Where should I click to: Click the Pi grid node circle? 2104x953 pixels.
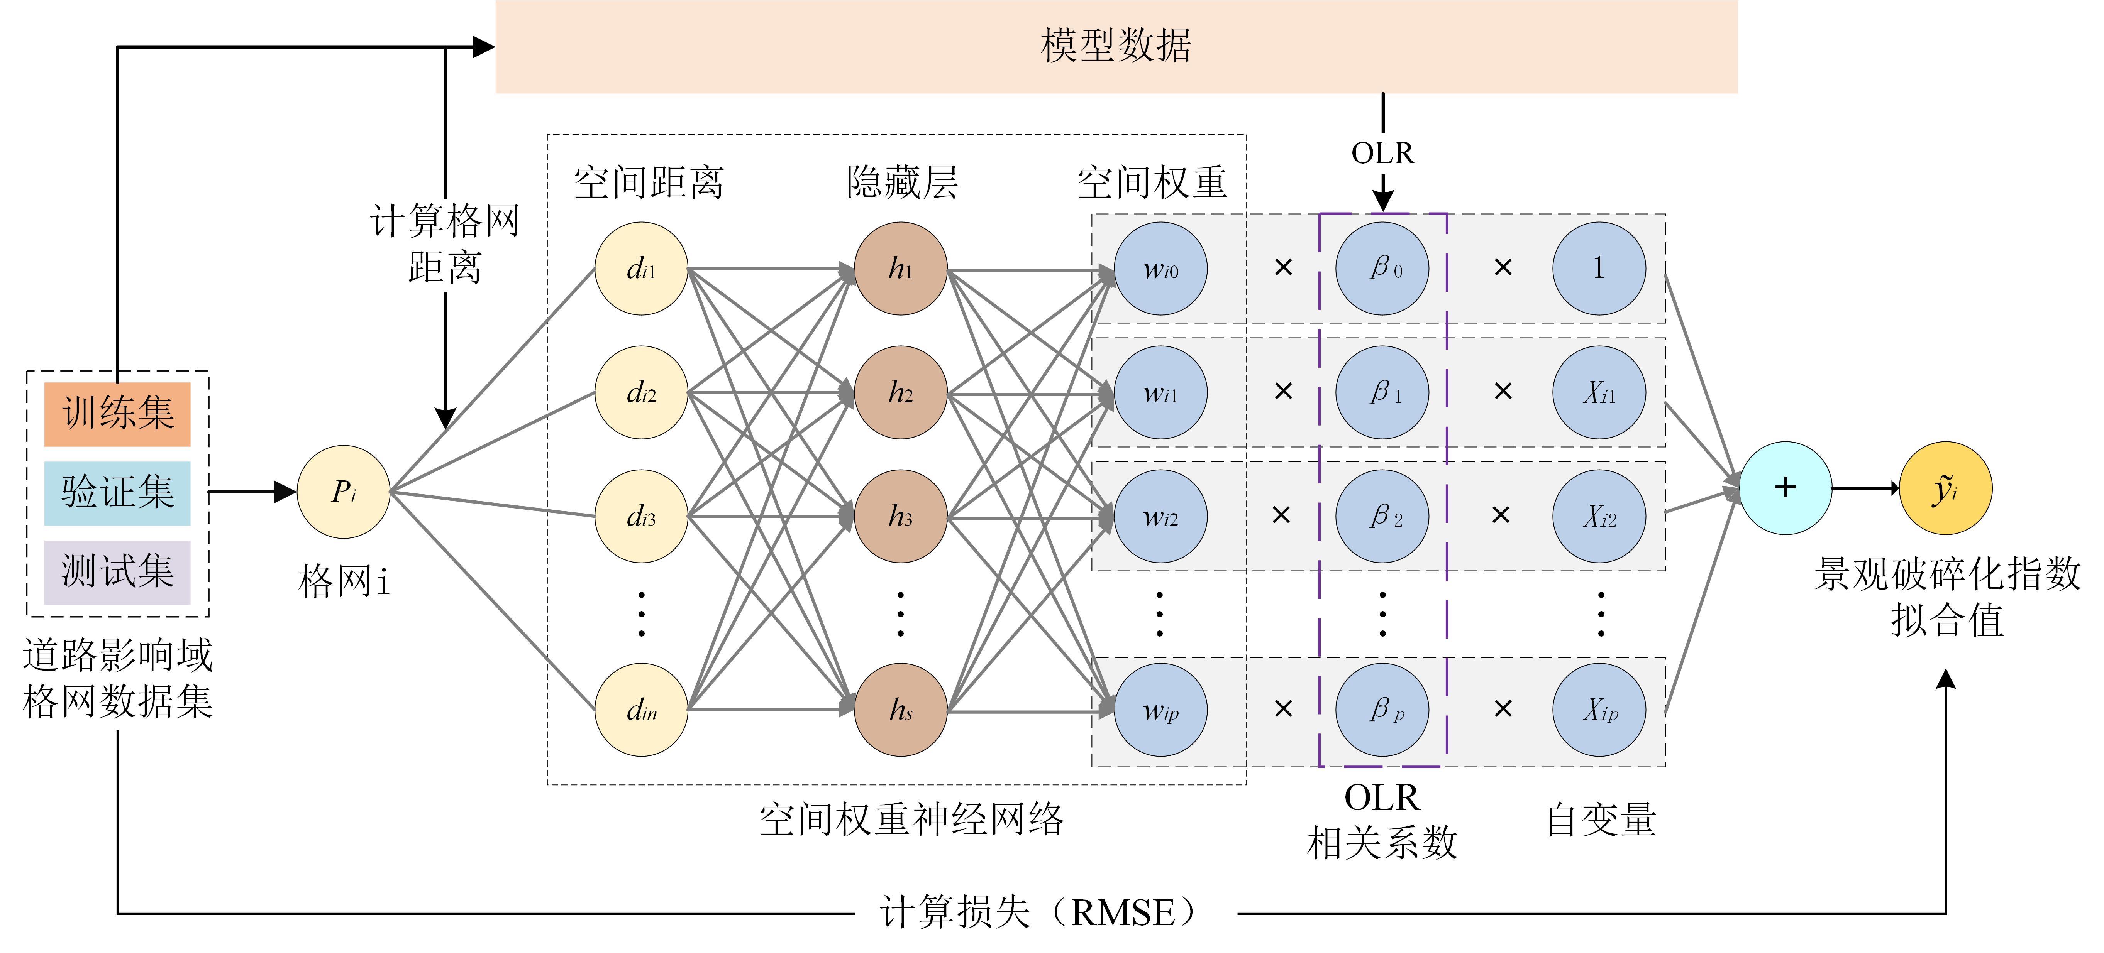343,492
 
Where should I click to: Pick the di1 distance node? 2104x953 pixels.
641,269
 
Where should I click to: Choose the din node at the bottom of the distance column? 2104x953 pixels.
641,710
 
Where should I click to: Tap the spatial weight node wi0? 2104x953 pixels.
1160,269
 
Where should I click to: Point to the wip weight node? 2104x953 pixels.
1160,710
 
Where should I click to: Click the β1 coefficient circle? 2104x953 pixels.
1382,393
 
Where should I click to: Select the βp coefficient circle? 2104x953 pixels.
1382,710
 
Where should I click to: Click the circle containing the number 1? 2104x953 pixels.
1598,269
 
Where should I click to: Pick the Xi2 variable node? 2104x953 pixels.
1598,516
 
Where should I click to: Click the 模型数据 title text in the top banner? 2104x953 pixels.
1116,46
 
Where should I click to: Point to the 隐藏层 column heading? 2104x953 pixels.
902,182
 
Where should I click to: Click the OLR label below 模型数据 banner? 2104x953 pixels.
1382,153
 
